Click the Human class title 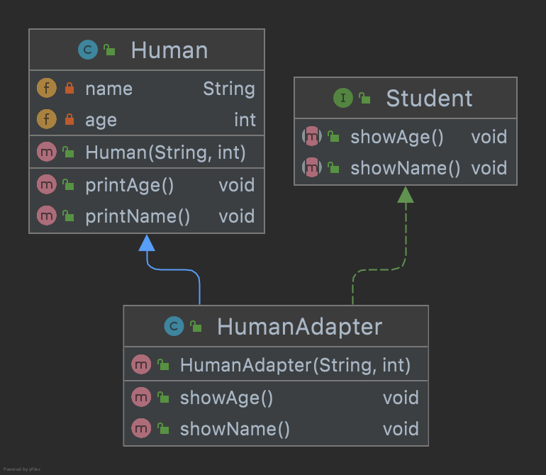(169, 50)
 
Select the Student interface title (429, 99)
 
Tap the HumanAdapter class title (299, 327)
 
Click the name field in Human (108, 89)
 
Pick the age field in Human (101, 120)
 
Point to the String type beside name (228, 89)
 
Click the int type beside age (245, 120)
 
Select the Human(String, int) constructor (165, 152)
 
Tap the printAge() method (129, 185)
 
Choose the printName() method (138, 216)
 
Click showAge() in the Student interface (396, 137)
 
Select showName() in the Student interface (405, 168)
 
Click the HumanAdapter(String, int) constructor (295, 365)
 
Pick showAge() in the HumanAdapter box (226, 398)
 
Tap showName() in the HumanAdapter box (235, 429)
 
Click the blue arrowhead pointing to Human (147, 243)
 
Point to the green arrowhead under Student (405, 194)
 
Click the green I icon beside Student (342, 99)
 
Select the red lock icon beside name (69, 89)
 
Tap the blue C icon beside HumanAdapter (174, 327)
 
